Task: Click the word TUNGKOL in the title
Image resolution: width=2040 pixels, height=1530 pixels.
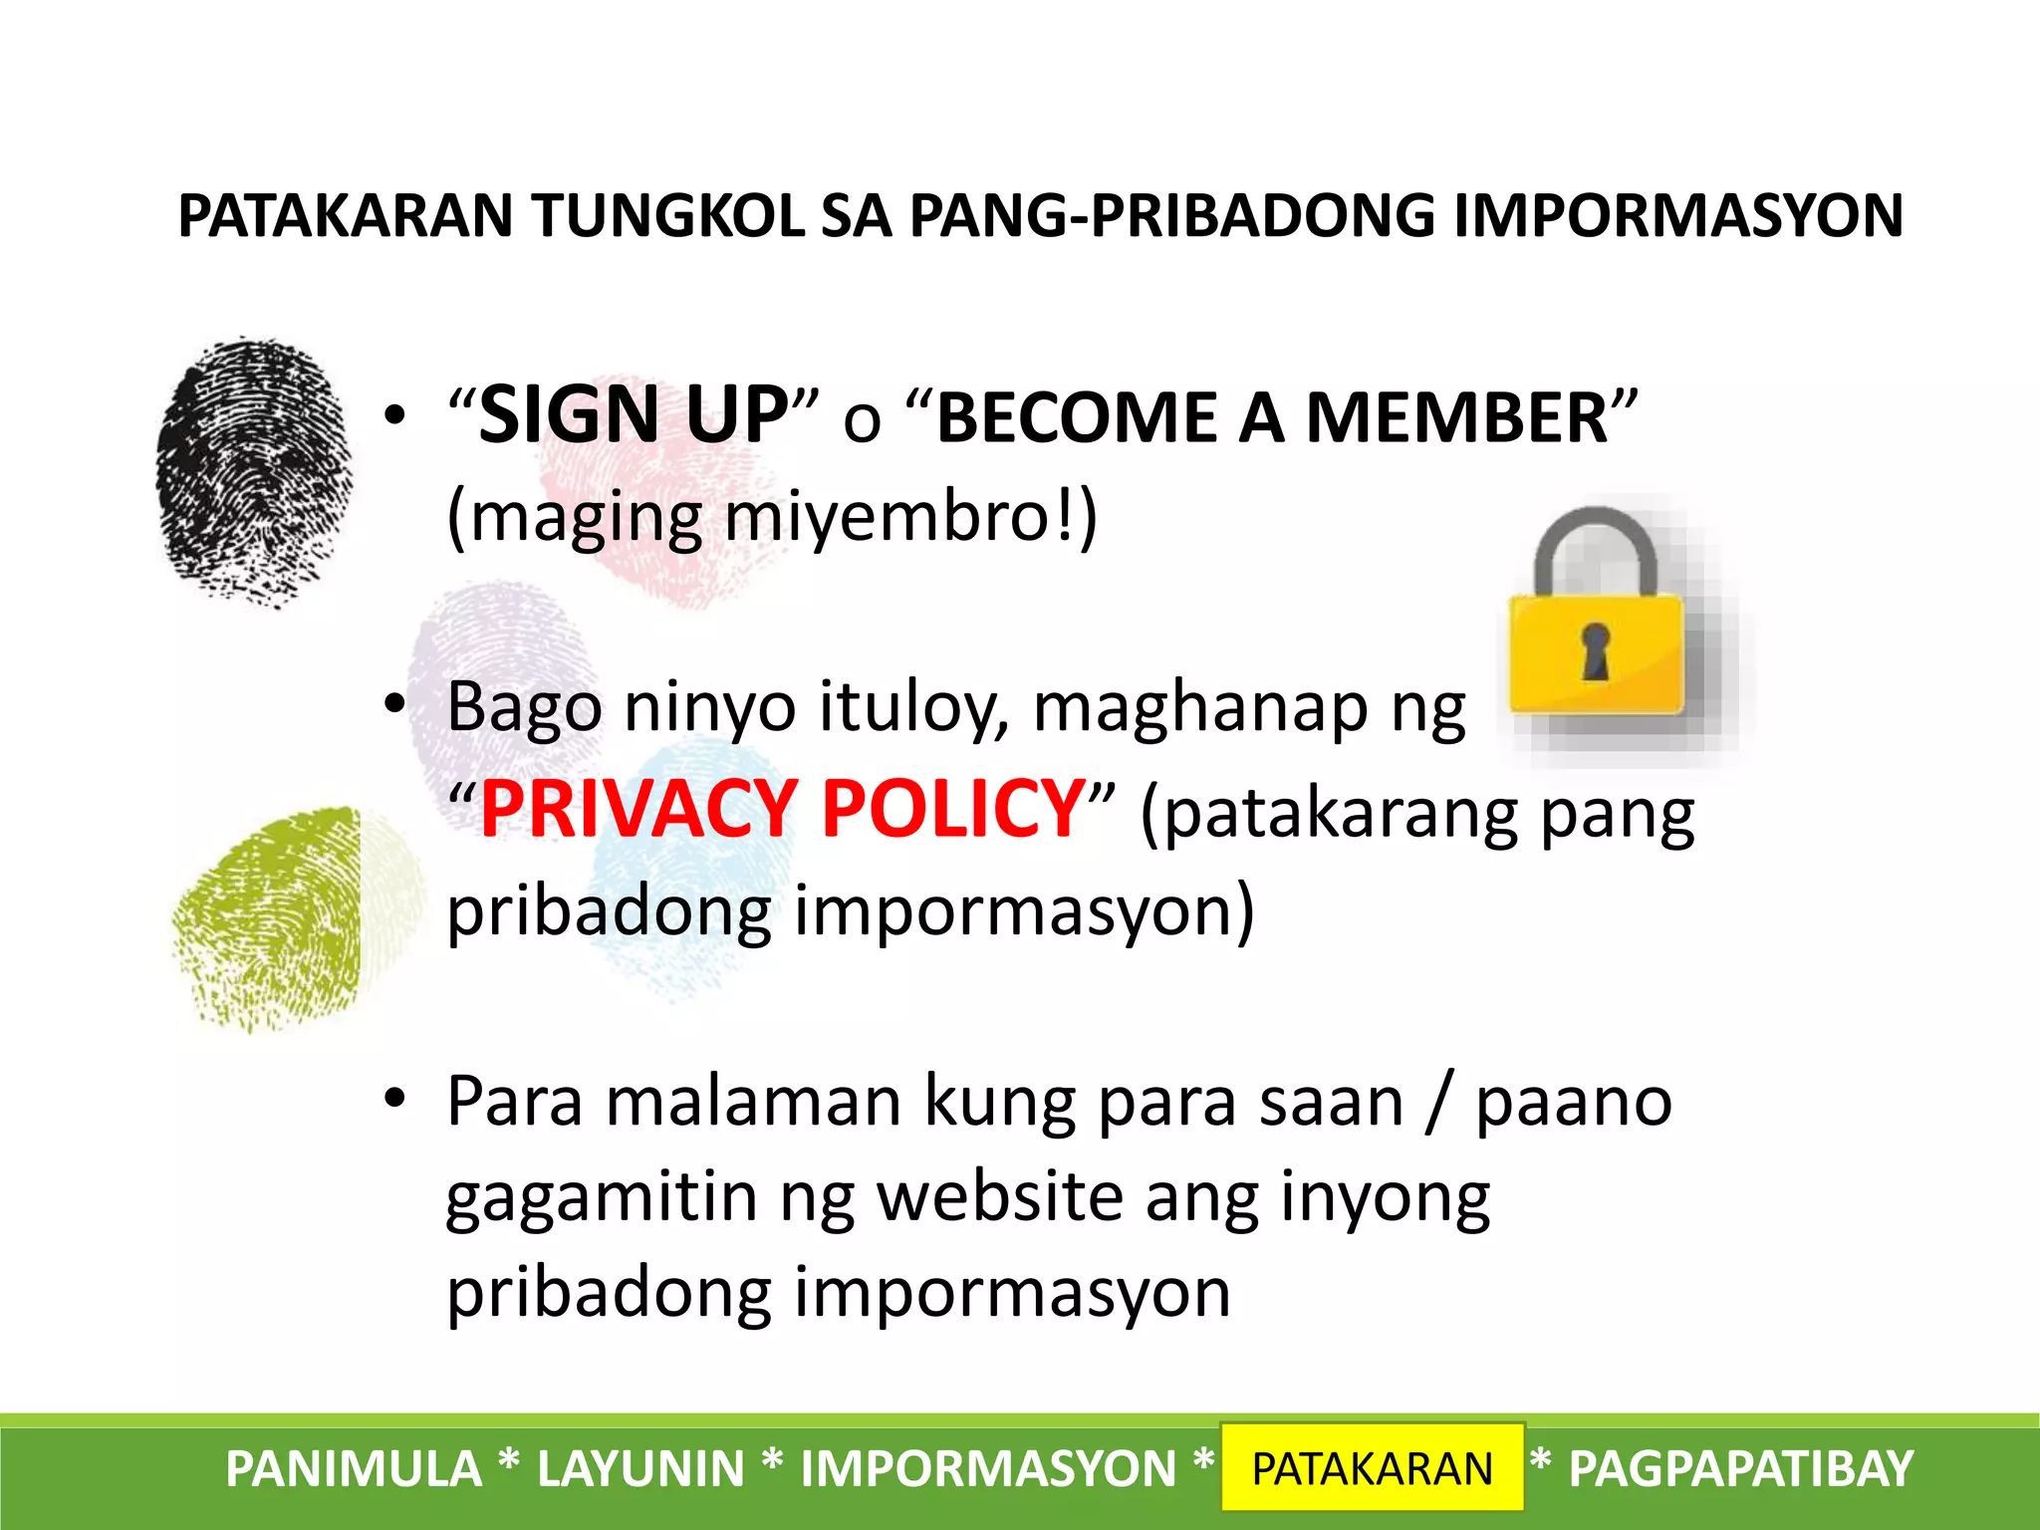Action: (x=667, y=216)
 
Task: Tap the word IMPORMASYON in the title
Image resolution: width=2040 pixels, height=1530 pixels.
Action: (x=1678, y=216)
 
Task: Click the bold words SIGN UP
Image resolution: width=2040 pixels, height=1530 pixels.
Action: (x=634, y=415)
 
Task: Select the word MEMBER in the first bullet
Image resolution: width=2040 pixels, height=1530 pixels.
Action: (x=1457, y=418)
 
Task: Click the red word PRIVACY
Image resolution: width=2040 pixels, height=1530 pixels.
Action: (x=637, y=809)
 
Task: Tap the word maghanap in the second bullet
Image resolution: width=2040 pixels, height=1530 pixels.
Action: (x=1200, y=708)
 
